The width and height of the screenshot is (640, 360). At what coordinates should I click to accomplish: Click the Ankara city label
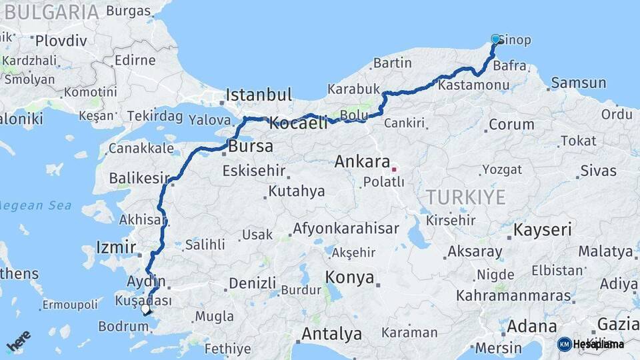pos(362,161)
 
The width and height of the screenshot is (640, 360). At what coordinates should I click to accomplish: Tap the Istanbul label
pos(259,95)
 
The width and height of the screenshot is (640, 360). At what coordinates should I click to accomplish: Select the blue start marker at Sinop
pos(495,39)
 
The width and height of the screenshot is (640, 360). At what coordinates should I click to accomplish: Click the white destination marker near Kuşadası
pos(147,309)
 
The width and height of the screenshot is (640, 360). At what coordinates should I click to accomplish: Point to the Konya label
pos(349,278)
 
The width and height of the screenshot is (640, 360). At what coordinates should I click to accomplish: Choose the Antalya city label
pos(331,333)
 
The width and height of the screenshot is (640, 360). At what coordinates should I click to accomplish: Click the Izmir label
pos(116,247)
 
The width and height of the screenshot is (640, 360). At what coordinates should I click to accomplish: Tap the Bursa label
pos(250,146)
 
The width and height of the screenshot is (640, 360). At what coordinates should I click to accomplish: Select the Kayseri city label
pos(542,231)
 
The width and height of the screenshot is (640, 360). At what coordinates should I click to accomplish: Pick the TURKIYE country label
pos(466,197)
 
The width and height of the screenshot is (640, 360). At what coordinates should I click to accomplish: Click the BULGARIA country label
pos(51,11)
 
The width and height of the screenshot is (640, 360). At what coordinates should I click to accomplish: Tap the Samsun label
pos(577,83)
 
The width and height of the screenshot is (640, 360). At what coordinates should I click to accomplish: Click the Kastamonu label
pos(474,85)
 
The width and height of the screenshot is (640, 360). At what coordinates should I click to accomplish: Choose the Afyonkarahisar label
pos(345,229)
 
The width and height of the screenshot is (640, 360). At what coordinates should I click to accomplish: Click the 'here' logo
pos(18,340)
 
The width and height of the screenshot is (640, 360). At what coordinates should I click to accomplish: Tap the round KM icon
pos(565,344)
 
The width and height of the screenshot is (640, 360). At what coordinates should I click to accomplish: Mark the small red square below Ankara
pos(393,169)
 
